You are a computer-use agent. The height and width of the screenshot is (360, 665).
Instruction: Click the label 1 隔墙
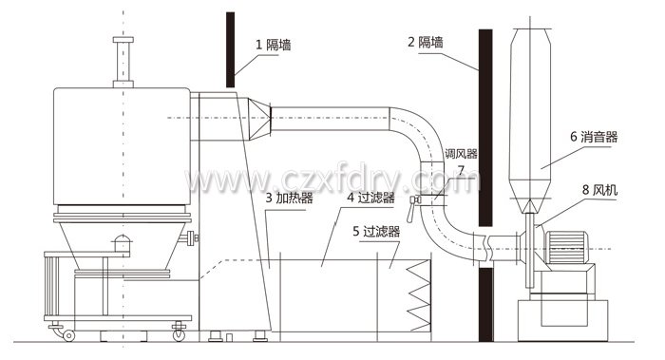[x=275, y=43]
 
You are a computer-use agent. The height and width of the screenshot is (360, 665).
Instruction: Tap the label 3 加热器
[x=290, y=199]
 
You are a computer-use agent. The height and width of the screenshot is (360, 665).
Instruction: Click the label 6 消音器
[x=594, y=137]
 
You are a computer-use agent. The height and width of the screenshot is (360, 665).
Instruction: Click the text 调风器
[x=462, y=152]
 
